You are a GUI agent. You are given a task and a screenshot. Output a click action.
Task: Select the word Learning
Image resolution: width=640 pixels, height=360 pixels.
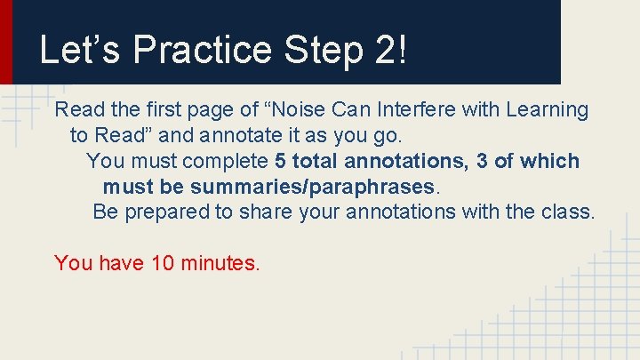click(547, 110)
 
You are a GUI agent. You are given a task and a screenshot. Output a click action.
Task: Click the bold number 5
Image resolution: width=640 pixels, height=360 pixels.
click(281, 162)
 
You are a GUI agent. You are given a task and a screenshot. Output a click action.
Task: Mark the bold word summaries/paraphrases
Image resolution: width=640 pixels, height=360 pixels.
click(312, 188)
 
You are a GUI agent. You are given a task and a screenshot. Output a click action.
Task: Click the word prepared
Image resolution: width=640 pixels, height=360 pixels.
click(169, 212)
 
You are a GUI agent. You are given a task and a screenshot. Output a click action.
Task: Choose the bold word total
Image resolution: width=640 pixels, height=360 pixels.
click(315, 162)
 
